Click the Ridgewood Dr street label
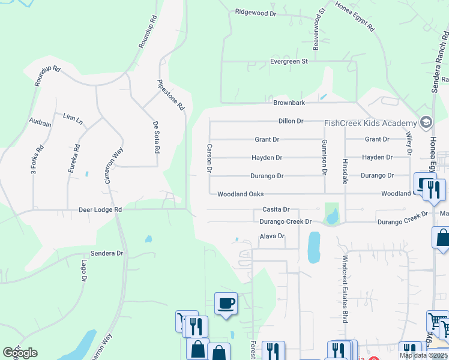point(255,11)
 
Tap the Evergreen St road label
point(288,61)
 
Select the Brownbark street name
point(289,103)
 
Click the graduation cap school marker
point(426,122)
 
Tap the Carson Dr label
point(209,158)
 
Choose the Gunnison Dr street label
point(324,157)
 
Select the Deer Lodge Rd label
point(100,210)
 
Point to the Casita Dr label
point(276,209)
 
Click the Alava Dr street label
point(271,236)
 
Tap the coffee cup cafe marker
point(226,303)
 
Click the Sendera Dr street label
point(106,253)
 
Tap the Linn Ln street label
point(73,119)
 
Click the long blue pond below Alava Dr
point(313,248)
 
